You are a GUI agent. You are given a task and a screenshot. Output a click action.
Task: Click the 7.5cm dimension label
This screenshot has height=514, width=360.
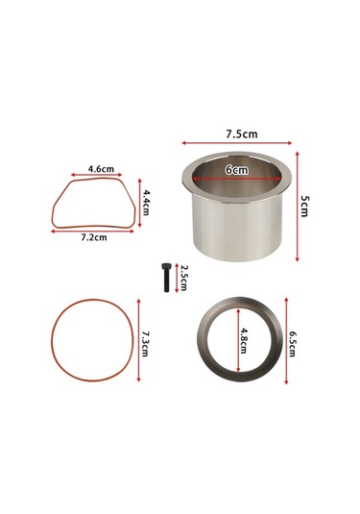pyautogui.click(x=240, y=134)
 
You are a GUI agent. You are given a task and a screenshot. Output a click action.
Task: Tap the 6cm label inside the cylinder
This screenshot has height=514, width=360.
pyautogui.click(x=237, y=170)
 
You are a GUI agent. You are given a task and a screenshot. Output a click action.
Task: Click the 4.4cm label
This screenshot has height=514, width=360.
pyautogui.click(x=146, y=202)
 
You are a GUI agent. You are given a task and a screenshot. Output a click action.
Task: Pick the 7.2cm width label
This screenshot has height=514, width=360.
pyautogui.click(x=93, y=235)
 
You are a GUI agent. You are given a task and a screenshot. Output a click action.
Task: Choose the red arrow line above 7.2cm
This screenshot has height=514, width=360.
pyautogui.click(x=93, y=229)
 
